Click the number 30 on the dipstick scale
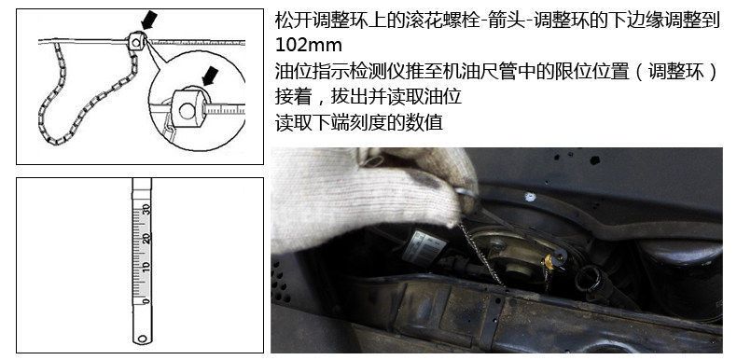pos(146,208)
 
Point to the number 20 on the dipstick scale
pos(146,238)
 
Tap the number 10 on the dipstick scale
pos(146,268)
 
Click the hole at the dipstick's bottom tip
pos(142,338)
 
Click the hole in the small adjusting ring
pos(135,43)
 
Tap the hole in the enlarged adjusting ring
pos(187,111)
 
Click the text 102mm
pos(309,45)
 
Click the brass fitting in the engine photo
pos(549,262)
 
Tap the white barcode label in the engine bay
pos(424,247)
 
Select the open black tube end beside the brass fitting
pos(588,281)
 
